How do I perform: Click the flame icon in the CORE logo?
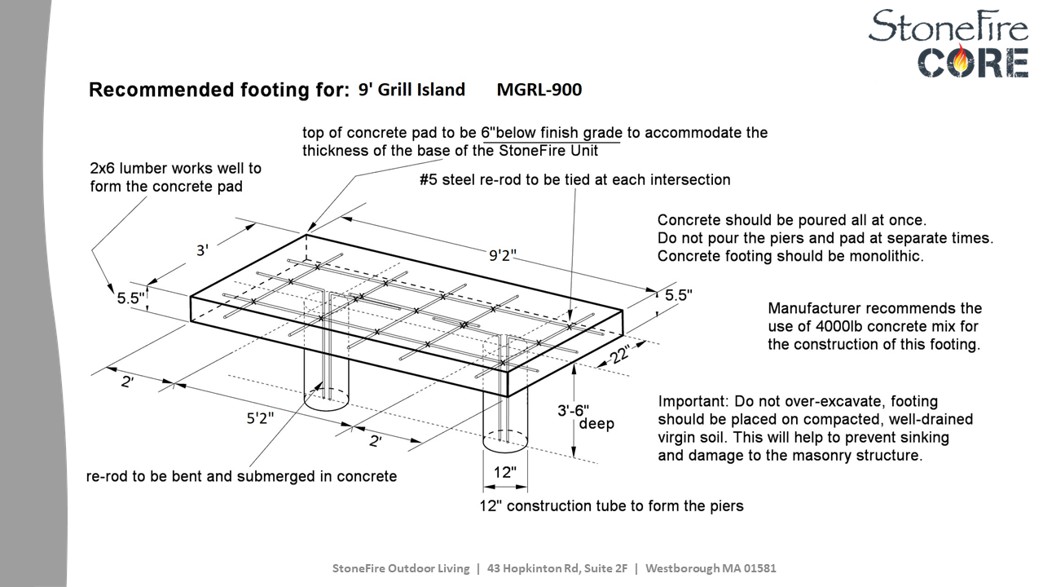click(x=964, y=61)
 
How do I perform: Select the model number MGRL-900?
click(x=539, y=90)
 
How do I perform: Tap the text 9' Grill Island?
click(x=411, y=90)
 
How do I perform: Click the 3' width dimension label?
click(x=203, y=250)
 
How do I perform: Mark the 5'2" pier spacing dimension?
click(x=260, y=418)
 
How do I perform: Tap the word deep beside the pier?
click(x=596, y=424)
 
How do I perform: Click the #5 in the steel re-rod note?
click(x=429, y=179)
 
